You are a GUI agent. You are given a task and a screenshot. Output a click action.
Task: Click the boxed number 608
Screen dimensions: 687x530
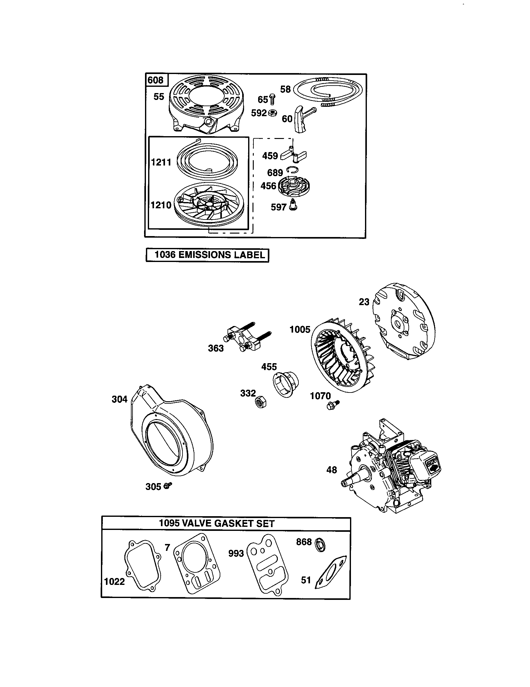click(x=156, y=80)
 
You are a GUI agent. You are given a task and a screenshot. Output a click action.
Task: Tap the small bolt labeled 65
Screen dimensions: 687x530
click(x=272, y=99)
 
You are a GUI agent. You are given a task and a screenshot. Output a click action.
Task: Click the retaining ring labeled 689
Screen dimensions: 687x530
click(x=293, y=171)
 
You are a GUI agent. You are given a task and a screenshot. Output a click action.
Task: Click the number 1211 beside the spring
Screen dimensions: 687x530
click(x=161, y=162)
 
